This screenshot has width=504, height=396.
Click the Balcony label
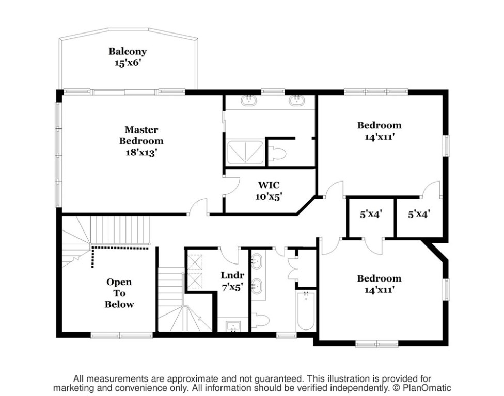pyautogui.click(x=127, y=52)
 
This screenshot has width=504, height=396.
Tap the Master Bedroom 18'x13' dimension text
pyautogui.click(x=141, y=152)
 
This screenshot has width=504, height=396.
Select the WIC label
pyautogui.click(x=269, y=185)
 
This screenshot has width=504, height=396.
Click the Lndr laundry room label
pyautogui.click(x=232, y=275)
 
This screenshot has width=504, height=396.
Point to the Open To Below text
pyautogui.click(x=119, y=293)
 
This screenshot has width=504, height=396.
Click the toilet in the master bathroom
pyautogui.click(x=277, y=153)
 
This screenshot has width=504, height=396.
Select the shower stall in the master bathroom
pyautogui.click(x=245, y=152)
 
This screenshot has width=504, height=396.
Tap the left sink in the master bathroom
pyautogui.click(x=249, y=100)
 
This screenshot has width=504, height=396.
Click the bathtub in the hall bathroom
pyautogui.click(x=306, y=310)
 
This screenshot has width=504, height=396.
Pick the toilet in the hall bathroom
pyautogui.click(x=260, y=321)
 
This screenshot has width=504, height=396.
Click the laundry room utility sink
pyautogui.click(x=233, y=326)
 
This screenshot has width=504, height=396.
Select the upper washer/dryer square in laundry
pyautogui.click(x=195, y=262)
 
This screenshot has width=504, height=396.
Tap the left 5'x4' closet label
pyautogui.click(x=371, y=214)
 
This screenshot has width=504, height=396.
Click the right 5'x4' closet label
pyautogui.click(x=419, y=214)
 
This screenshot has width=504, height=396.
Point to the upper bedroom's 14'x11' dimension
pyautogui.click(x=379, y=137)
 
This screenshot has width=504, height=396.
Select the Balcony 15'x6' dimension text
pyautogui.click(x=128, y=63)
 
